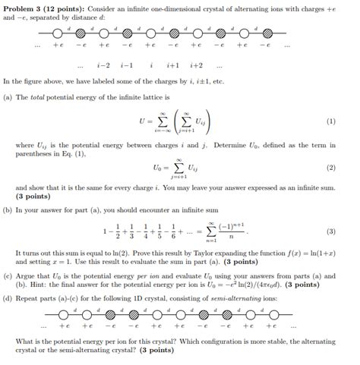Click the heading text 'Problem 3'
pyautogui.click(x=26, y=7)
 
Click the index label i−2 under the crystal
pyautogui.click(x=104, y=65)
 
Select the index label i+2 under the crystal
pyautogui.click(x=196, y=65)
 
